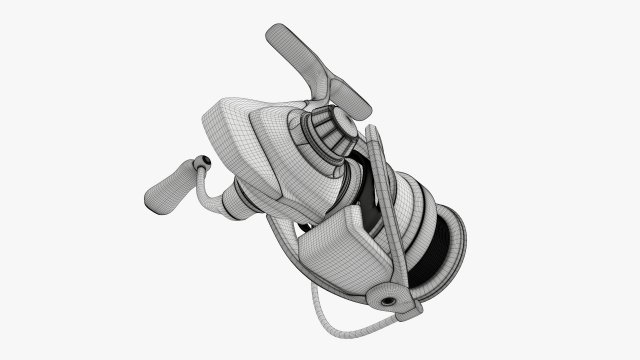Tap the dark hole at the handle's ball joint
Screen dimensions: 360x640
click(x=204, y=160)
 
